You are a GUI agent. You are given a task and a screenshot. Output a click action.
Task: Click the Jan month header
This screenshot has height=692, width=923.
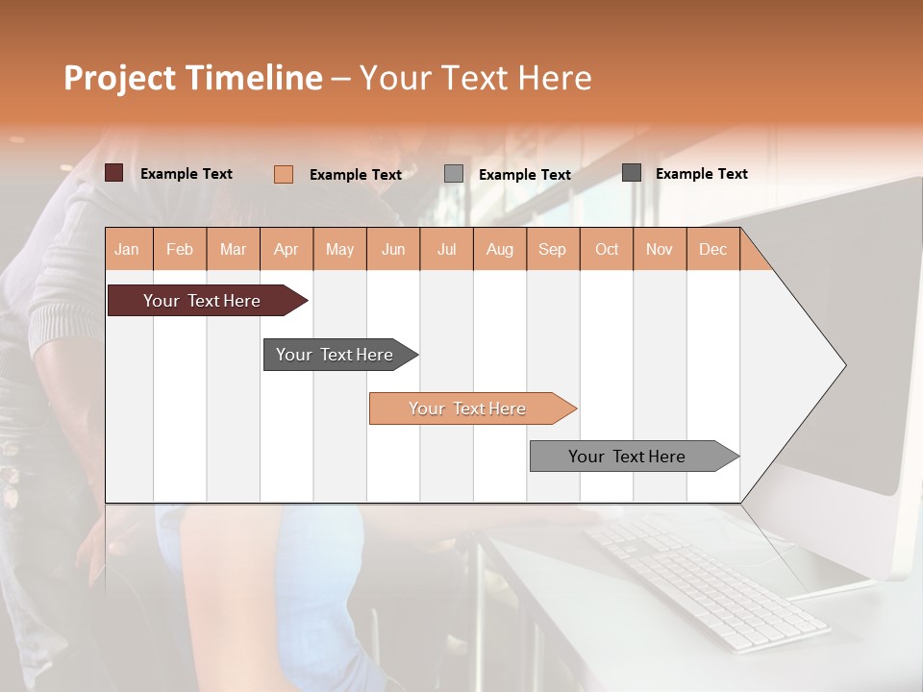(128, 249)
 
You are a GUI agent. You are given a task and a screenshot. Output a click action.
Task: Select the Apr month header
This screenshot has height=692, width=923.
(287, 249)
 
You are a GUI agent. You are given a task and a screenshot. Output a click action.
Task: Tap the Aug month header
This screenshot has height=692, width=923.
(499, 249)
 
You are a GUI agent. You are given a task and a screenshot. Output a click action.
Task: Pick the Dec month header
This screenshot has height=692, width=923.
(712, 249)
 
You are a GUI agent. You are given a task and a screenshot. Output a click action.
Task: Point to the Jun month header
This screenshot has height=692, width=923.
(393, 249)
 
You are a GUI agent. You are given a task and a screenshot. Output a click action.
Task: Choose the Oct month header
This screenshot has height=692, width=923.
(607, 249)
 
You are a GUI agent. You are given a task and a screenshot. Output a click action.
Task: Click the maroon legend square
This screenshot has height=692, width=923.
(113, 173)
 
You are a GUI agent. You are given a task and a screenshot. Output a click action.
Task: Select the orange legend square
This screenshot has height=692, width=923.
(283, 174)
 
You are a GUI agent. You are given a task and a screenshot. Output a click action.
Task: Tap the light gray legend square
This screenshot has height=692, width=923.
(454, 174)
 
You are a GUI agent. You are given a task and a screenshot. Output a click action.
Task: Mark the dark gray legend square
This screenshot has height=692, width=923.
(631, 173)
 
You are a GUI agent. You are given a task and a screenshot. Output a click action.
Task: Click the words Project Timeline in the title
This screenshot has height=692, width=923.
(192, 78)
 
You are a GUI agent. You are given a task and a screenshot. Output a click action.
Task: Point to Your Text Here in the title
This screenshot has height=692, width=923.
(476, 78)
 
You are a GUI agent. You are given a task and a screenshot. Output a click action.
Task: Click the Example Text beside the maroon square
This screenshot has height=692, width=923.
(187, 174)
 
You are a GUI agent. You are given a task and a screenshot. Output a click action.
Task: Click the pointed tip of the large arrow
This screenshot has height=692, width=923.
(842, 364)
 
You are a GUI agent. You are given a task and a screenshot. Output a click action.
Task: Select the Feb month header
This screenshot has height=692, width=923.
(180, 249)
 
